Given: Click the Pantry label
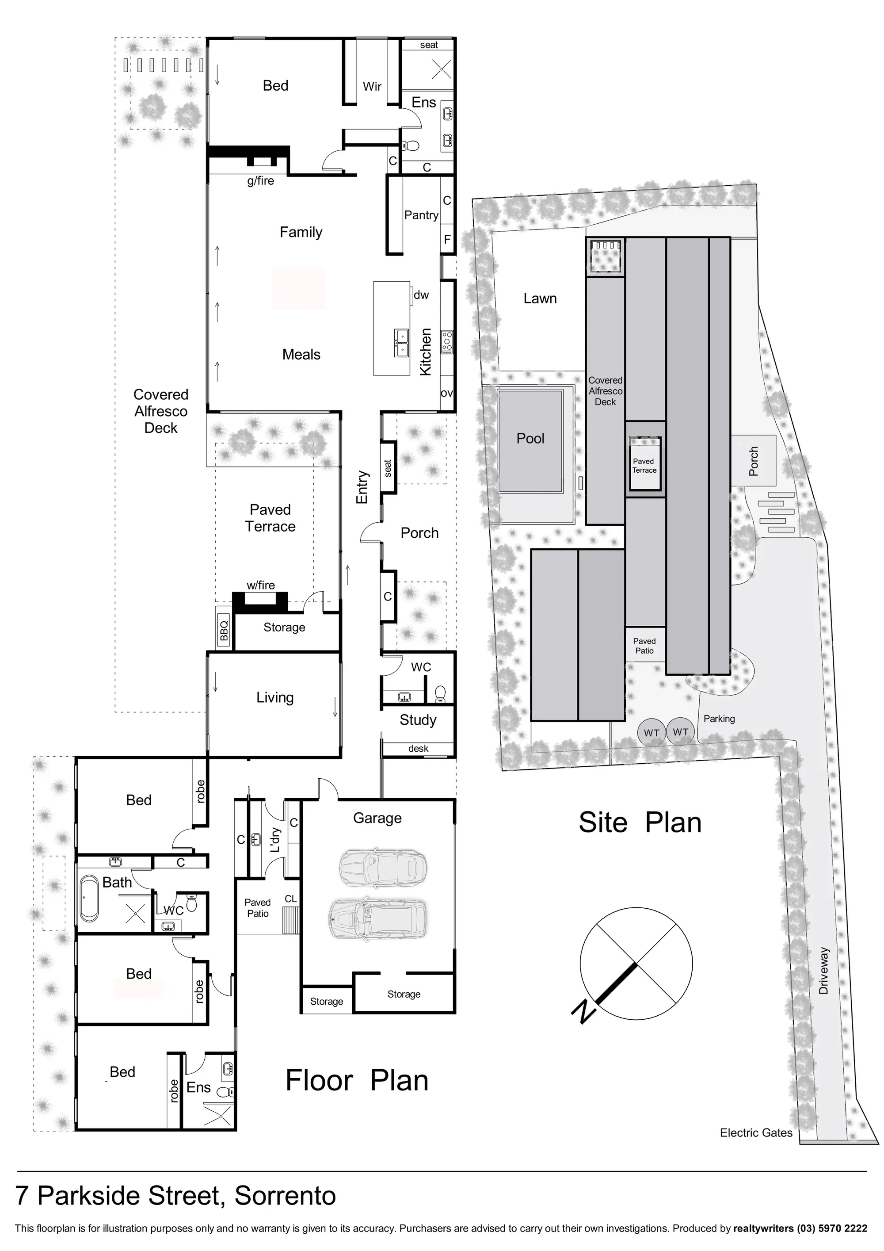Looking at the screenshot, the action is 421,216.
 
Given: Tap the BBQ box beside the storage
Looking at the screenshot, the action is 224,627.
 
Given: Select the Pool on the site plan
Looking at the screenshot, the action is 530,441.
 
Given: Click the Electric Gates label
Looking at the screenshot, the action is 756,1133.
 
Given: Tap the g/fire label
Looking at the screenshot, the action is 260,181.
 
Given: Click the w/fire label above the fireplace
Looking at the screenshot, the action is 260,585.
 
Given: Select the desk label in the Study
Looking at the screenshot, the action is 418,749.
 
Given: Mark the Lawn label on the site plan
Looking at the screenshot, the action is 540,298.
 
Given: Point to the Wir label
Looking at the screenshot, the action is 372,87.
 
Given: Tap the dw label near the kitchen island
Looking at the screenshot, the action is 421,295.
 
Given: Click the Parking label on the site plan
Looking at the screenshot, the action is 719,719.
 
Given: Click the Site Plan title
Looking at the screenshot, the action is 640,823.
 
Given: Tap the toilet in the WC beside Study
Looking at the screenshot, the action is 440,693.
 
